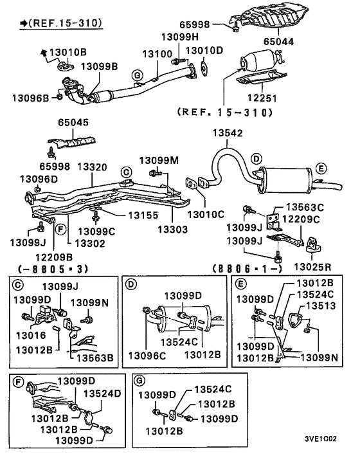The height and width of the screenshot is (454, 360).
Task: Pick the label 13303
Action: [x=174, y=229]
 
